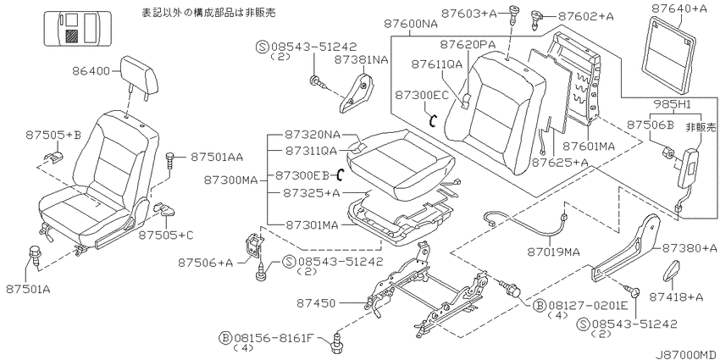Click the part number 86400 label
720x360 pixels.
coord(91,71)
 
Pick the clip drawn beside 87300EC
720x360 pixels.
coord(433,121)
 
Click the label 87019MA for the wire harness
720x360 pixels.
coord(553,252)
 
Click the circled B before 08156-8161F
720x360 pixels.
coord(225,339)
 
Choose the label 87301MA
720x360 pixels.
coord(312,225)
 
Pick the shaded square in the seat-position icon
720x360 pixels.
coord(71,36)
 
